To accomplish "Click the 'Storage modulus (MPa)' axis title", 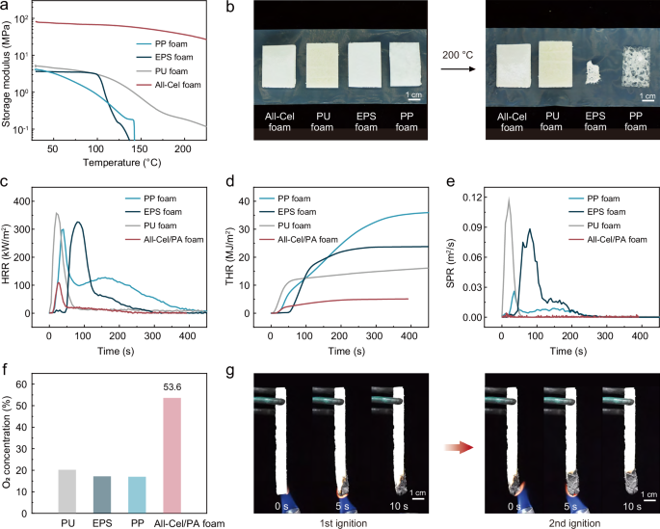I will [x=10, y=74].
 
